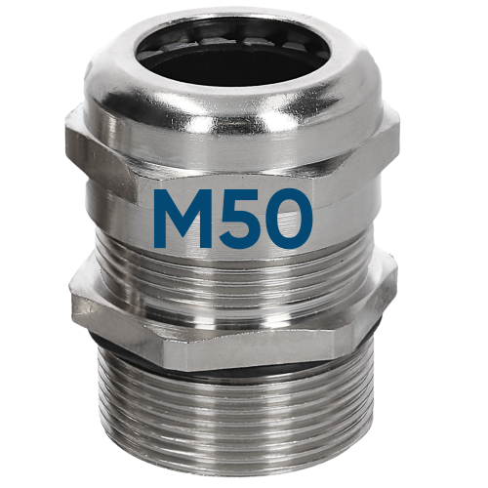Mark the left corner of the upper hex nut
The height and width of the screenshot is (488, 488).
tap(68, 146)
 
